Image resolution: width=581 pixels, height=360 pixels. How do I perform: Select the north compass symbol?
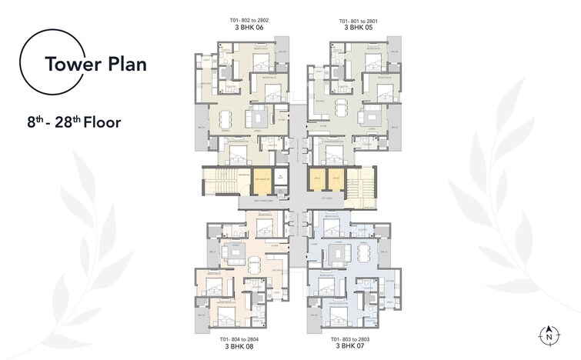click(549, 335)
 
